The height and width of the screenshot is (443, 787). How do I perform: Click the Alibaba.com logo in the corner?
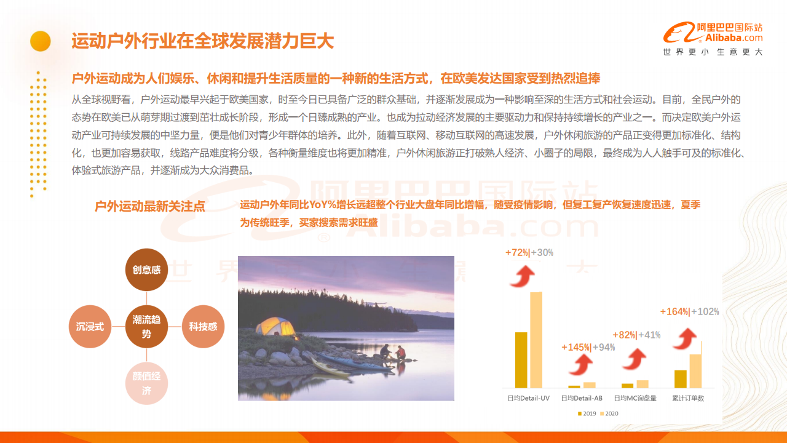[x=713, y=33]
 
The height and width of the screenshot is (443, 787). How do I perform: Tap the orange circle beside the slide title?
[x=41, y=41]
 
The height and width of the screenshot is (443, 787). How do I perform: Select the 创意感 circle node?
[x=146, y=269]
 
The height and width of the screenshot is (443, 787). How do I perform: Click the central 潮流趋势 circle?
[x=146, y=327]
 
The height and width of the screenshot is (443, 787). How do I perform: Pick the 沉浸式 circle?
[x=90, y=327]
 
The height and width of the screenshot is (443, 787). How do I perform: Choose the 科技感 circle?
[x=203, y=327]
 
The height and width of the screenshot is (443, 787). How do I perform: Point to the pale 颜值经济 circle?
[x=146, y=383]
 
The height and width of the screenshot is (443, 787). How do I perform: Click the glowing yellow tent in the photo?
[x=276, y=327]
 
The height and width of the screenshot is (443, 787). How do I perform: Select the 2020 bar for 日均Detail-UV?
[x=536, y=340]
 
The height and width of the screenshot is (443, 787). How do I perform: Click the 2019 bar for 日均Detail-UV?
[x=521, y=360]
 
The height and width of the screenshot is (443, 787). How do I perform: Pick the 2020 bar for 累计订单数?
[x=695, y=371]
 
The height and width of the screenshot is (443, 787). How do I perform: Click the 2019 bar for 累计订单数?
[x=681, y=379]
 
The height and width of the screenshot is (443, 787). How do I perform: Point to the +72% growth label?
[x=517, y=252]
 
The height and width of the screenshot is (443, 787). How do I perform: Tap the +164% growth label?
[x=674, y=311]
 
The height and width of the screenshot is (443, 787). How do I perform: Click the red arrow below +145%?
[x=582, y=365]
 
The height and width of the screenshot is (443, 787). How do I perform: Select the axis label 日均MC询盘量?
[x=635, y=398]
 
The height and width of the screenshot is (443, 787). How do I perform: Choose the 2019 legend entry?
[x=587, y=414]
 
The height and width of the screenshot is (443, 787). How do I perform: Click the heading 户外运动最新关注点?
[x=149, y=206]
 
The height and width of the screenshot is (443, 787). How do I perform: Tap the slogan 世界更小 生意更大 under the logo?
[x=713, y=52]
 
